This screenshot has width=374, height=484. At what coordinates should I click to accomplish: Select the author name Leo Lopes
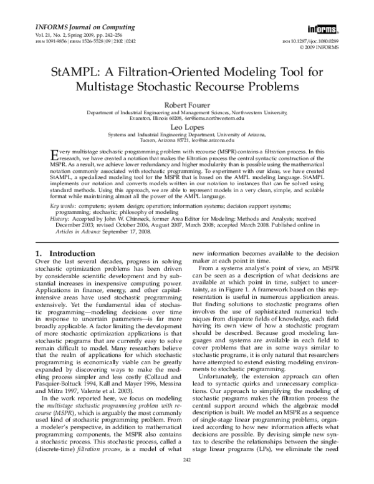[187, 125]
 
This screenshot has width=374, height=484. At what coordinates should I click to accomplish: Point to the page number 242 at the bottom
[186, 477]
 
